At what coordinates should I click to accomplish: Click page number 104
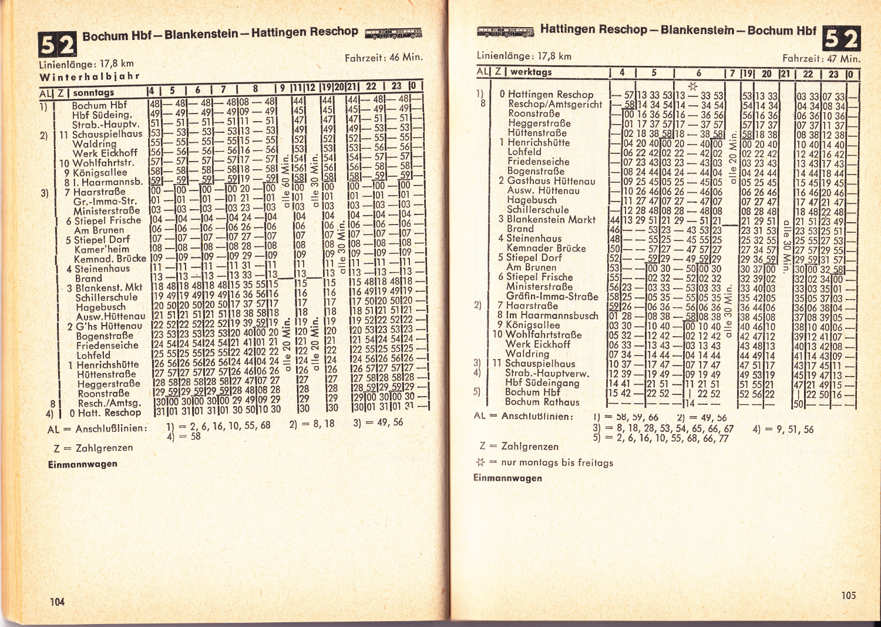tap(57, 601)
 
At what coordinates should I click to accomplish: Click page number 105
tap(848, 595)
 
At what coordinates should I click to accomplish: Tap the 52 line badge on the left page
tap(57, 44)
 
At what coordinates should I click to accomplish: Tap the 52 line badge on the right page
tap(841, 39)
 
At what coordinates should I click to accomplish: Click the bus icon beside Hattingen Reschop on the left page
tap(393, 32)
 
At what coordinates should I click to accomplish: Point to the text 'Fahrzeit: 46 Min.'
tap(384, 58)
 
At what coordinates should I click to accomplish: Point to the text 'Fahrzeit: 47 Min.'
tap(821, 58)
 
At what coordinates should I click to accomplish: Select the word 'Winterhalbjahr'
tap(89, 76)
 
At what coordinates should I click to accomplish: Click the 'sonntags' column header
tap(93, 92)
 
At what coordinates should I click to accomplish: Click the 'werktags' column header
tap(531, 72)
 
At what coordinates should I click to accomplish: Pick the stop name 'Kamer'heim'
tap(102, 249)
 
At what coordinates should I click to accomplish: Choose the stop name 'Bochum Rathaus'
tap(542, 402)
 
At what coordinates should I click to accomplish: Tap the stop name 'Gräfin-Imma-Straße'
tap(552, 296)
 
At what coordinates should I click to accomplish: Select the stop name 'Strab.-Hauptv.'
tap(105, 125)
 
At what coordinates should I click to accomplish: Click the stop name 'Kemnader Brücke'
tap(546, 248)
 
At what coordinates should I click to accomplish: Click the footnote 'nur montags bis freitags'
tap(557, 462)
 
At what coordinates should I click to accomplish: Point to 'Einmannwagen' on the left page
tap(83, 464)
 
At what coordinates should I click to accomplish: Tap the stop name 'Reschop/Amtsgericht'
tap(555, 104)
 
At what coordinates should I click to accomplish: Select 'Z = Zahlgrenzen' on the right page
tap(510, 446)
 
